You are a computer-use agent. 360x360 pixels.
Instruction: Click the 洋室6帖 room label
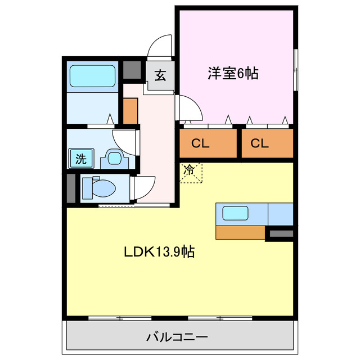[x=233, y=73]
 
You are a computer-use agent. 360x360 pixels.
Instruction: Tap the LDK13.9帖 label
[x=160, y=252]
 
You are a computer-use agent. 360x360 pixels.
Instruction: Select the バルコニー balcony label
[x=177, y=338]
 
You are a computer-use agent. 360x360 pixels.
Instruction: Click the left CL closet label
[x=200, y=143]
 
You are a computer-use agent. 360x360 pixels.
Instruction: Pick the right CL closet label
[x=259, y=143]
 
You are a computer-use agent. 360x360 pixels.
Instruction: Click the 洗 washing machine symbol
[x=81, y=159]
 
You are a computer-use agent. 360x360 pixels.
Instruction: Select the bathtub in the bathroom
[x=92, y=75]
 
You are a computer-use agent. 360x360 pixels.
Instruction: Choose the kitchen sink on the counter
[x=236, y=213]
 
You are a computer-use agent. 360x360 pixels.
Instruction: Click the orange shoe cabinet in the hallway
[x=130, y=111]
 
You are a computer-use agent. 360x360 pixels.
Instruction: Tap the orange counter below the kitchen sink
[x=240, y=232]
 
